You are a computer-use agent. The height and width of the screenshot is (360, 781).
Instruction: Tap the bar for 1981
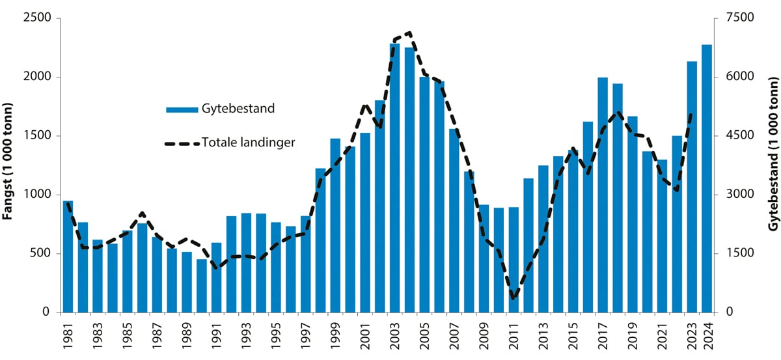(68, 256)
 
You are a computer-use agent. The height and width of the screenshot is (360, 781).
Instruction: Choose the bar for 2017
(603, 195)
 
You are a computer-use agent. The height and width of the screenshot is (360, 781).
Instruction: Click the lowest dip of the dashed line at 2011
(514, 298)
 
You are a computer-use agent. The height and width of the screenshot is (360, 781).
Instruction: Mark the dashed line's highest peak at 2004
(409, 32)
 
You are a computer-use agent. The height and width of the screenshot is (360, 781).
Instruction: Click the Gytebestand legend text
(238, 108)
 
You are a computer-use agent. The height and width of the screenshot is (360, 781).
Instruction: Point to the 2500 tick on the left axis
(38, 18)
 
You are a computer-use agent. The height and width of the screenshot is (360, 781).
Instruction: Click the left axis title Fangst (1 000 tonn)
(9, 165)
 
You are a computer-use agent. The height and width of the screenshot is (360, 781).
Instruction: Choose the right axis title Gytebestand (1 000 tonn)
(773, 165)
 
